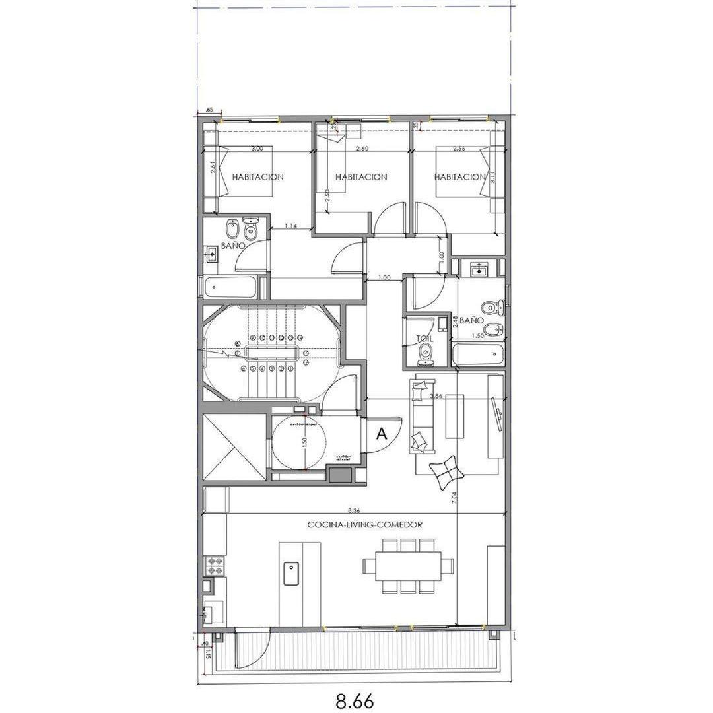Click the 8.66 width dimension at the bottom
click(x=356, y=698)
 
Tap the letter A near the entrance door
click(x=381, y=434)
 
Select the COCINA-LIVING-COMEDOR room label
click(x=364, y=525)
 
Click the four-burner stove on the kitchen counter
click(x=216, y=565)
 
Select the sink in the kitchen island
click(x=290, y=573)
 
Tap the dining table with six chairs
click(x=408, y=566)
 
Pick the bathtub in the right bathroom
click(x=477, y=355)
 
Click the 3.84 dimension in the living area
click(x=436, y=396)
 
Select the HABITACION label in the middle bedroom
click(x=360, y=177)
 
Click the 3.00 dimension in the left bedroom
click(x=257, y=149)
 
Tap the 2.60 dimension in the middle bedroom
click(x=362, y=149)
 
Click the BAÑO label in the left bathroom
click(x=234, y=245)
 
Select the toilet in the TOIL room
click(x=426, y=353)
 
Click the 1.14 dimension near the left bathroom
click(x=290, y=226)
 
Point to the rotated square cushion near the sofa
click(x=444, y=471)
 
